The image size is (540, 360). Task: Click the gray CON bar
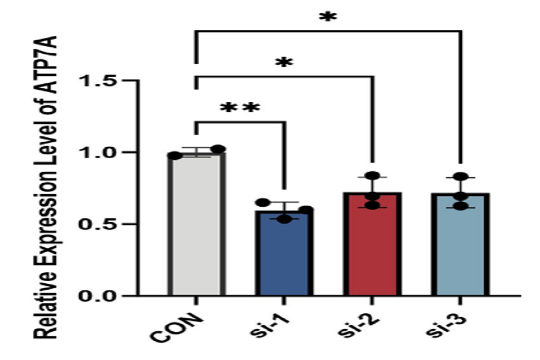coord(196,225)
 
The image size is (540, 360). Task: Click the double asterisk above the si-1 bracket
coord(240,108)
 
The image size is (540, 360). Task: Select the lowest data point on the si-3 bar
coord(460,206)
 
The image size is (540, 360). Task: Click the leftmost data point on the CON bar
coord(175,156)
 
